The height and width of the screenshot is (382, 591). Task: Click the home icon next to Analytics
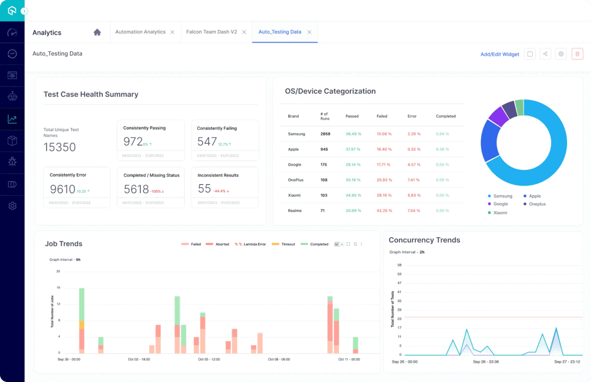point(97,32)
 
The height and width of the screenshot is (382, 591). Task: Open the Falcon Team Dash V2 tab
point(211,32)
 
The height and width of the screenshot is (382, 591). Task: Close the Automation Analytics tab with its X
point(172,32)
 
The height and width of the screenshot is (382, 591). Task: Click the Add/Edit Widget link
point(499,54)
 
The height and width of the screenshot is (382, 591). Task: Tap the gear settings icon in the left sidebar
point(12,206)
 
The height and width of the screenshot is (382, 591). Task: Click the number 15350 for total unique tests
point(60,147)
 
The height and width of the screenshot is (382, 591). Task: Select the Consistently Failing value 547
point(207,142)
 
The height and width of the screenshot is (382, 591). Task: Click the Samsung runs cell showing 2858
point(325,134)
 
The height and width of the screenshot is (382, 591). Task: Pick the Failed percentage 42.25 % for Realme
point(384,210)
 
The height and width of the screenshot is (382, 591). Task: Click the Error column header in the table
point(412,116)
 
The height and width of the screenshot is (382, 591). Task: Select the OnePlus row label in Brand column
point(295,180)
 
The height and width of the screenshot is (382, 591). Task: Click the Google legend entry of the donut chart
point(500,204)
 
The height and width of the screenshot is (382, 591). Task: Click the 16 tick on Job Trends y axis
point(58,287)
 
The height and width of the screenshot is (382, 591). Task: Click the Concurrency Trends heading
point(424,240)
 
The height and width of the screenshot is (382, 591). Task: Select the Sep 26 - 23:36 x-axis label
point(486,362)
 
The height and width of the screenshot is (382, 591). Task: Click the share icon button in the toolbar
point(545,54)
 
